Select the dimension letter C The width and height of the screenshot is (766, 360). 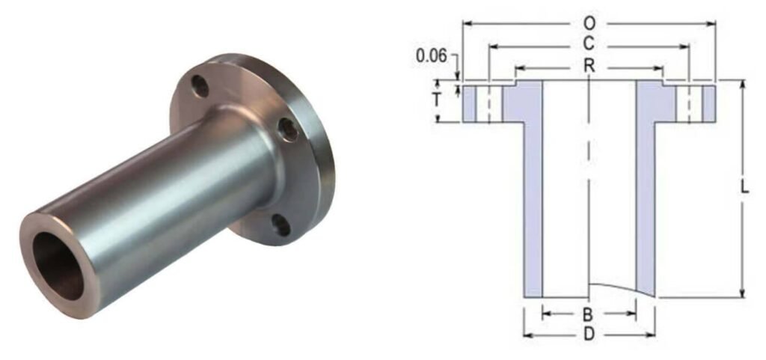pyautogui.click(x=589, y=46)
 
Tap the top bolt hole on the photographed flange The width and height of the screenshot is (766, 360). pyautogui.click(x=200, y=85)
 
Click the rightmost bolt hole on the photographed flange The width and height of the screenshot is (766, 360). pyautogui.click(x=288, y=129)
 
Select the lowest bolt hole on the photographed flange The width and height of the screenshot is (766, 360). pyautogui.click(x=280, y=224)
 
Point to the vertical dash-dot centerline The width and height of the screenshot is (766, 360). pyautogui.click(x=589, y=187)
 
